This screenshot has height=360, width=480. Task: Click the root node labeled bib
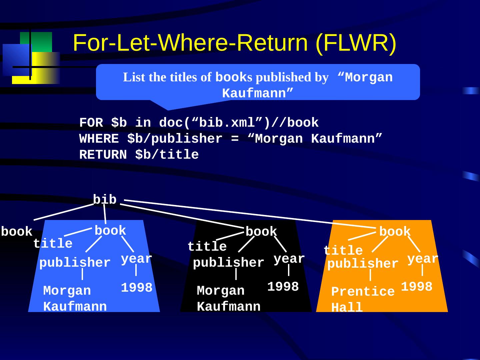(105, 200)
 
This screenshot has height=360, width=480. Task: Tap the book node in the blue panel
(110, 231)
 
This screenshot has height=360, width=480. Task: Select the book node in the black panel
(261, 232)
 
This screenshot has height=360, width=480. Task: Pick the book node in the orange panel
(395, 232)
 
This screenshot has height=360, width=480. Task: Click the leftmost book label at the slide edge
(17, 232)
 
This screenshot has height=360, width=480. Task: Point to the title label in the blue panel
(53, 244)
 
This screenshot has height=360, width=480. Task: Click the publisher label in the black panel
(228, 263)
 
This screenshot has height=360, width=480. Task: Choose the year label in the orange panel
(423, 259)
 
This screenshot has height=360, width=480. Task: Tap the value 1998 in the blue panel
(136, 288)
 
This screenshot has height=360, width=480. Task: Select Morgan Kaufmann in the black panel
(229, 299)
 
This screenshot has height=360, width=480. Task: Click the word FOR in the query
(91, 123)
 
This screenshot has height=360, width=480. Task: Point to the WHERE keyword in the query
(99, 139)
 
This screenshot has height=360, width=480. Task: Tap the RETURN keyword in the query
(103, 155)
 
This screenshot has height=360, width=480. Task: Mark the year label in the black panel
(289, 259)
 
